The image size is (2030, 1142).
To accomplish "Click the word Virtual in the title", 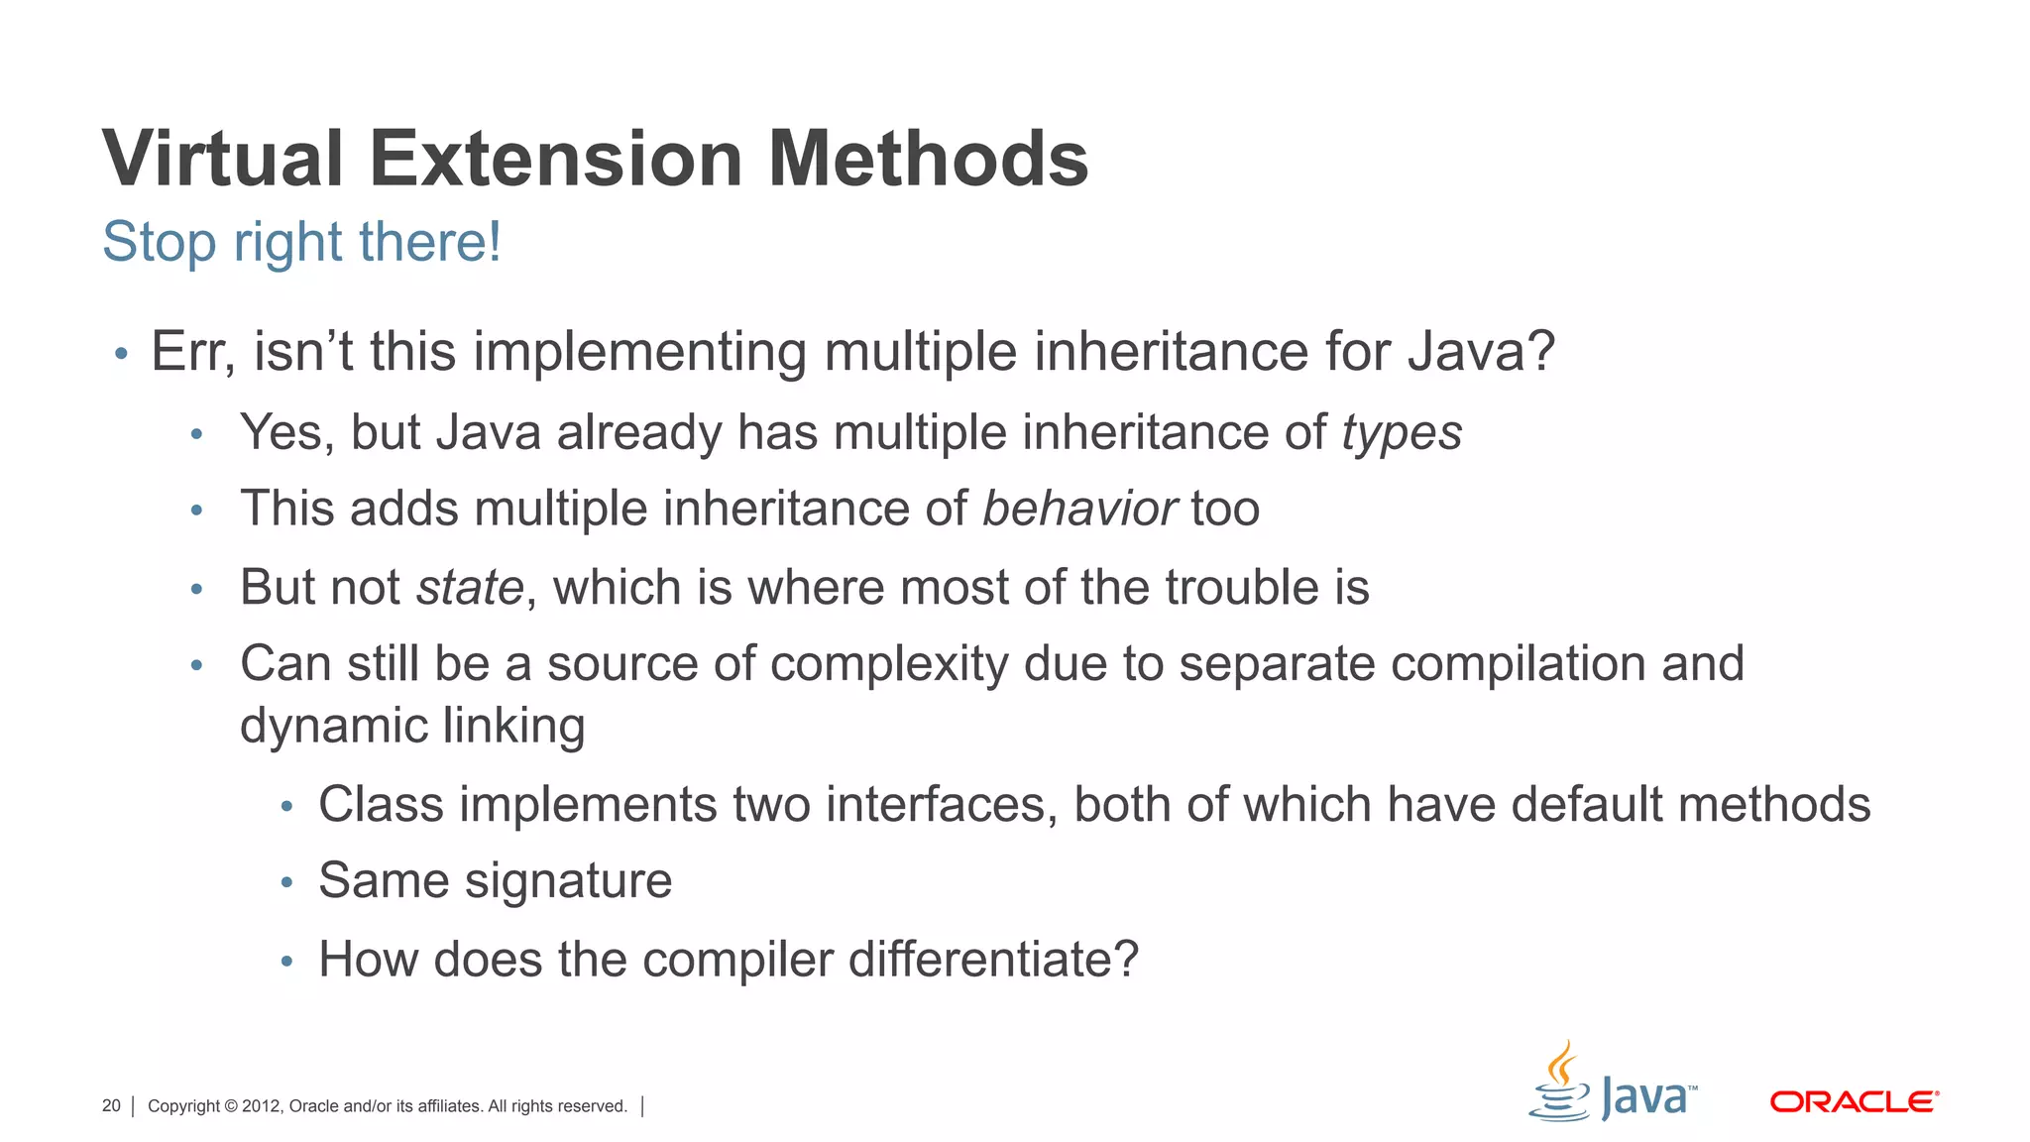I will (x=223, y=159).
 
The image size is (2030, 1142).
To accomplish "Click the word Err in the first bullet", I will (x=192, y=353).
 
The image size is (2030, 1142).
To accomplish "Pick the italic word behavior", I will (x=1079, y=510).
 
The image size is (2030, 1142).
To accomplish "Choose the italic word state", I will (x=470, y=588).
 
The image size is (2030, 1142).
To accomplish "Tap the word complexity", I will (x=889, y=665).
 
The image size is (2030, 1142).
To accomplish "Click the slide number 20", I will (x=111, y=1106).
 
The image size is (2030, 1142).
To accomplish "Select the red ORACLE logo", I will (x=1854, y=1102).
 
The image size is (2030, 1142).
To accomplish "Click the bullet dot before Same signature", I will (x=286, y=882).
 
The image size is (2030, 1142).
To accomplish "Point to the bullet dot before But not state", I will (x=196, y=590).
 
